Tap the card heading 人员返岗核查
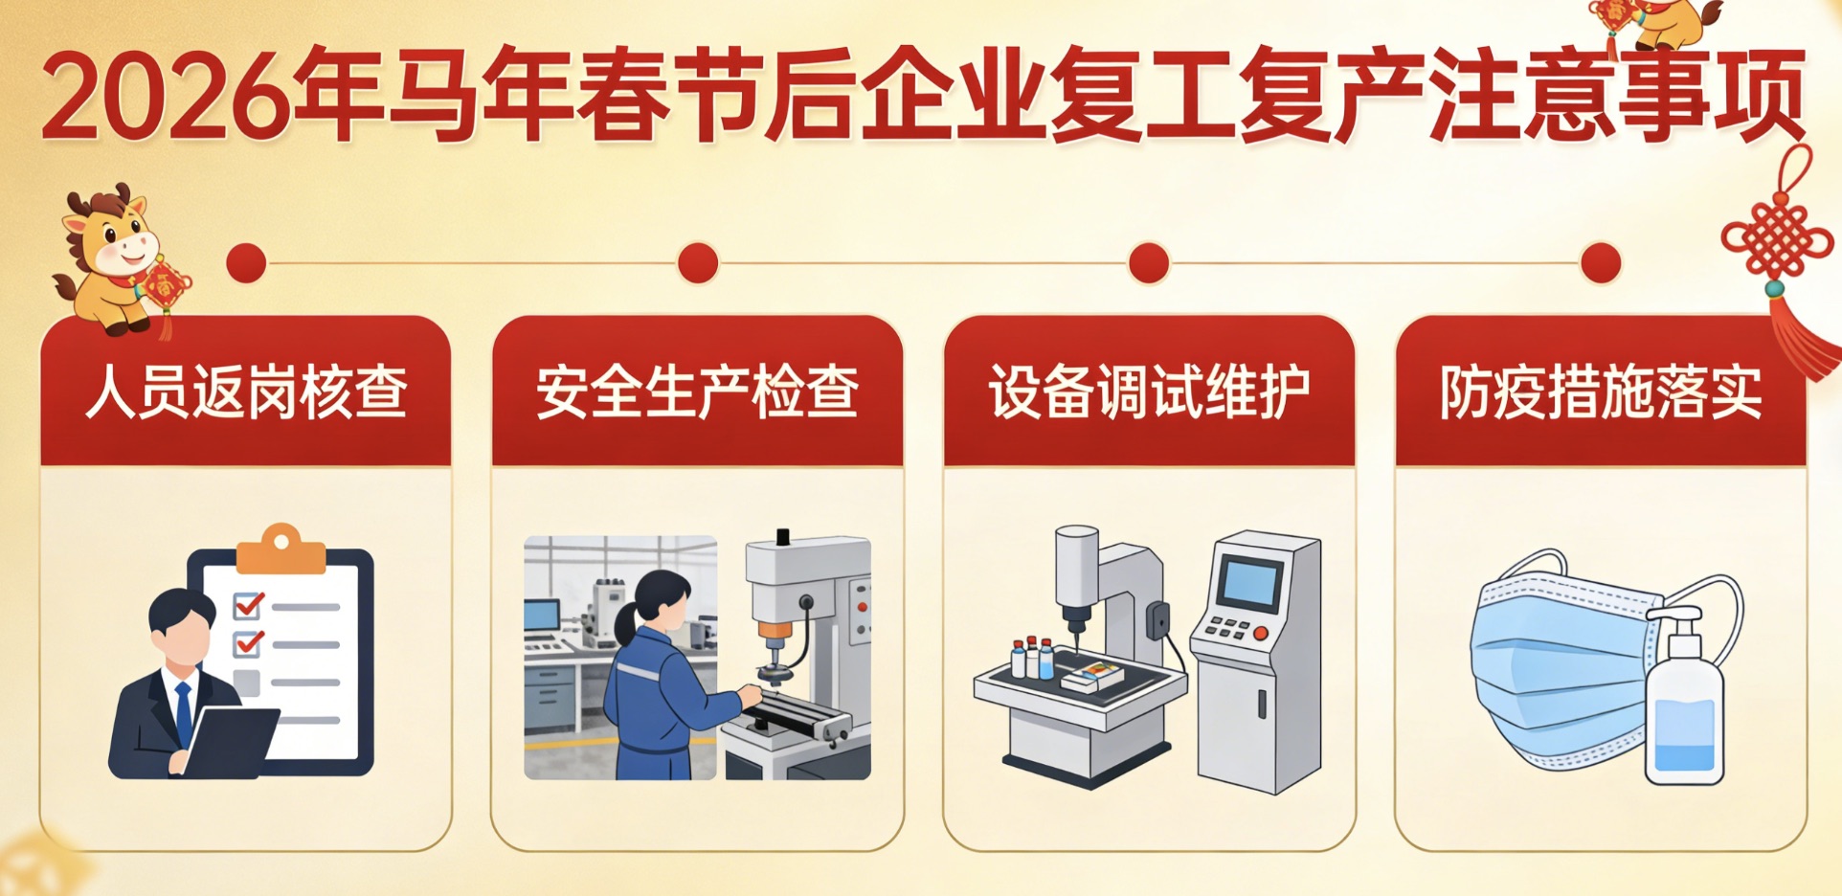pyautogui.click(x=246, y=392)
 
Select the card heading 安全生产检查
pyautogui.click(x=697, y=392)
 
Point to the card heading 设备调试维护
pyautogui.click(x=1149, y=392)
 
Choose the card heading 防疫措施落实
pyautogui.click(x=1601, y=392)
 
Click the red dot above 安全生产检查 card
pyautogui.click(x=698, y=263)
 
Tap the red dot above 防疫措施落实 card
pyautogui.click(x=1601, y=263)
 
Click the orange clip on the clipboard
pyautogui.click(x=281, y=549)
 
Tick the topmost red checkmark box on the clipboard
pyautogui.click(x=248, y=605)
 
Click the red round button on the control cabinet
pyautogui.click(x=1261, y=633)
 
